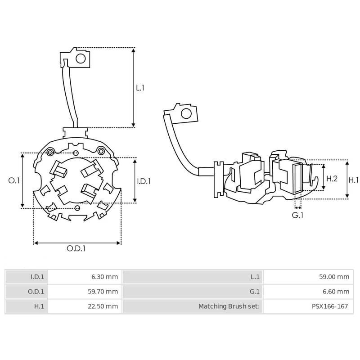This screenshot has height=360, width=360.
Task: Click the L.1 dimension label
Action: (140, 88)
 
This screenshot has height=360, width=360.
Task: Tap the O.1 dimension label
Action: (14, 180)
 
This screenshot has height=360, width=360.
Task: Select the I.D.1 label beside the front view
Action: (144, 181)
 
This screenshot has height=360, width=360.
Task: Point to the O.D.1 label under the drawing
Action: (76, 248)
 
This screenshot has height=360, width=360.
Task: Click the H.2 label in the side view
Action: (332, 179)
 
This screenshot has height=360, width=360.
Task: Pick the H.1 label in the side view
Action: (354, 180)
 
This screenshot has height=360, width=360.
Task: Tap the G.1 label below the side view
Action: (297, 215)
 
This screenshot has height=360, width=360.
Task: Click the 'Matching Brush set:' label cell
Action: (193, 306)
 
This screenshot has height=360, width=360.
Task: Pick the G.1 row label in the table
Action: (193, 292)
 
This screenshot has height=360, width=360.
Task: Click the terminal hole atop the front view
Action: (81, 58)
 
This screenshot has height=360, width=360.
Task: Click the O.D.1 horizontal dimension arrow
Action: (77, 243)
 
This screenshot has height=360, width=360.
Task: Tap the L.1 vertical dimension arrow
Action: (133, 87)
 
